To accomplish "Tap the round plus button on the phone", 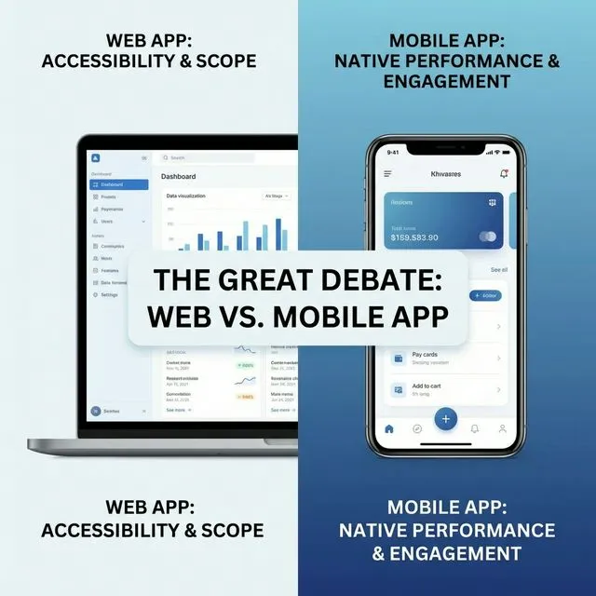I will [445, 418].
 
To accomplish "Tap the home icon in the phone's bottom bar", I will [389, 429].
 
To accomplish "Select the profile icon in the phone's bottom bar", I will [502, 429].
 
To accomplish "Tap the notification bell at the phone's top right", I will [504, 173].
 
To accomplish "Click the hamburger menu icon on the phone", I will [387, 173].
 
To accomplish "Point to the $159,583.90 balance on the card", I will [414, 237].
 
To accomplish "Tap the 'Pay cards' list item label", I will [425, 355].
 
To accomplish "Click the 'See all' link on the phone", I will [498, 270].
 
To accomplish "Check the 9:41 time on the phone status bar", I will [392, 153].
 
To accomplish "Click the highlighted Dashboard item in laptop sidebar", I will [118, 184].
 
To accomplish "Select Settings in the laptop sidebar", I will [109, 295].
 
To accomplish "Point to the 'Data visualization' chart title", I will [186, 196].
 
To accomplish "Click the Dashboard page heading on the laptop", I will [179, 176].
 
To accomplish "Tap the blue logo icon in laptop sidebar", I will [95, 157].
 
